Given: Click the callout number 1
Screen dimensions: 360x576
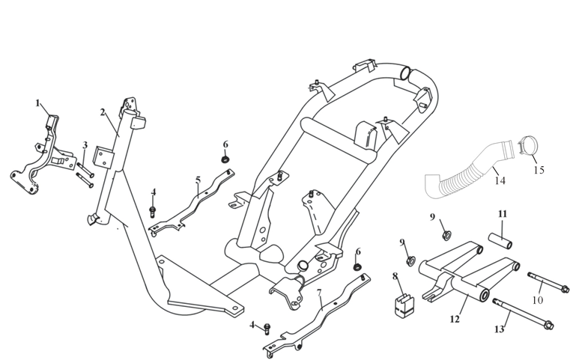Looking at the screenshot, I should pyautogui.click(x=37, y=103).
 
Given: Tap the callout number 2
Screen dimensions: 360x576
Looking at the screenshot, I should pyautogui.click(x=103, y=112).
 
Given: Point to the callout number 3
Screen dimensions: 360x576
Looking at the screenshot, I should pyautogui.click(x=85, y=144).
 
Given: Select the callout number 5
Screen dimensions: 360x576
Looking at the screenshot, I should pyautogui.click(x=198, y=180).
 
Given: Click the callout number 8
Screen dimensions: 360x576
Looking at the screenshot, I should pyautogui.click(x=395, y=276).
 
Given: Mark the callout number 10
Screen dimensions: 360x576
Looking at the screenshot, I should pyautogui.click(x=537, y=300).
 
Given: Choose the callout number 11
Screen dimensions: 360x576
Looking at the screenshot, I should pyautogui.click(x=503, y=214).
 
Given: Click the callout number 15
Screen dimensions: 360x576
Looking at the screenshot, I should pyautogui.click(x=539, y=170).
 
